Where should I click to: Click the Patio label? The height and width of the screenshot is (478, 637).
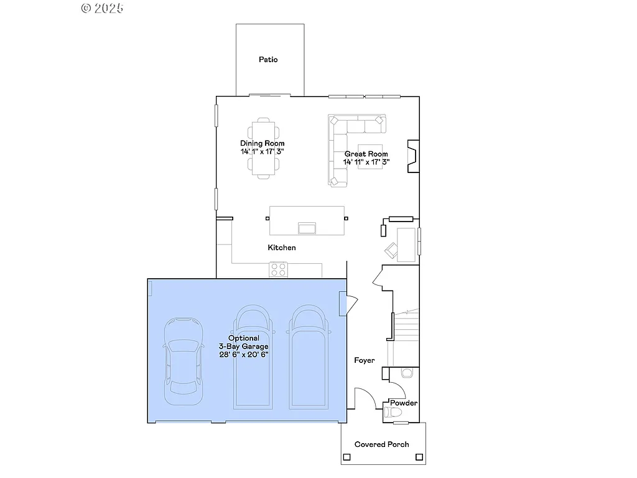click(268, 60)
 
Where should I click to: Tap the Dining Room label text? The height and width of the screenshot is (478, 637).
click(263, 144)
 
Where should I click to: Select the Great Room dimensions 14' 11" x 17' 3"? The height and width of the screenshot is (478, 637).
click(366, 162)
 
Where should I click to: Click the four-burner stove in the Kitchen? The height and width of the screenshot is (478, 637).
click(278, 269)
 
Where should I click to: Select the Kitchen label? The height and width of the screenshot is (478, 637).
click(282, 248)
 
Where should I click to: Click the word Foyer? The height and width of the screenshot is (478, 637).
click(365, 360)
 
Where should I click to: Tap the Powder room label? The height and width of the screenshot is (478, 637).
click(404, 403)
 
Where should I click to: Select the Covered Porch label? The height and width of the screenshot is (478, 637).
click(382, 444)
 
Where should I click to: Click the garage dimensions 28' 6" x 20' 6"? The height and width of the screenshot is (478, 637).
click(244, 354)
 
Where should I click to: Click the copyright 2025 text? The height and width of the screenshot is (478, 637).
click(103, 8)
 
